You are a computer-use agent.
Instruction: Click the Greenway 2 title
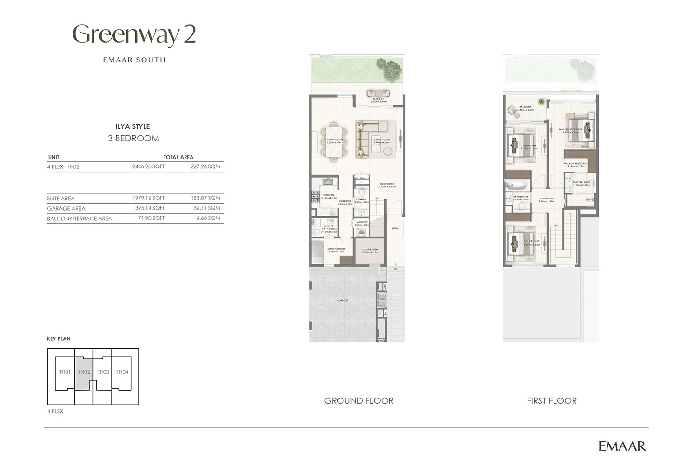click(134, 35)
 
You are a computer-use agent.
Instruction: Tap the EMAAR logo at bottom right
click(622, 446)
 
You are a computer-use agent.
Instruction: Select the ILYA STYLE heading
click(132, 126)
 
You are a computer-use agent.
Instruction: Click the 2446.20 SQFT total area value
click(148, 166)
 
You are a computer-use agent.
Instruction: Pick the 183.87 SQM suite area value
click(205, 198)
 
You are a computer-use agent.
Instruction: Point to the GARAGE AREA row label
click(66, 209)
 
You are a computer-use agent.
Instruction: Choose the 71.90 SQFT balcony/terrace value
click(151, 218)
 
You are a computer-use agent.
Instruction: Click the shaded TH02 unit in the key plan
click(84, 372)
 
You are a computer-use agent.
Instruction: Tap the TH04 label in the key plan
click(122, 372)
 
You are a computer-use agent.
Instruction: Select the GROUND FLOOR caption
click(359, 401)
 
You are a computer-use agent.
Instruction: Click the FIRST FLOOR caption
click(552, 401)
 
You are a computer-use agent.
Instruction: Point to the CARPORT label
click(343, 301)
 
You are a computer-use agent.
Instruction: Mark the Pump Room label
click(370, 250)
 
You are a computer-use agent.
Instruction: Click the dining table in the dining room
click(333, 140)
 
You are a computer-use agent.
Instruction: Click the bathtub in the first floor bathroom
click(517, 185)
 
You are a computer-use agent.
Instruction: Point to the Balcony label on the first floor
click(525, 107)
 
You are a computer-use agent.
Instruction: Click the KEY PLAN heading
click(59, 339)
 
